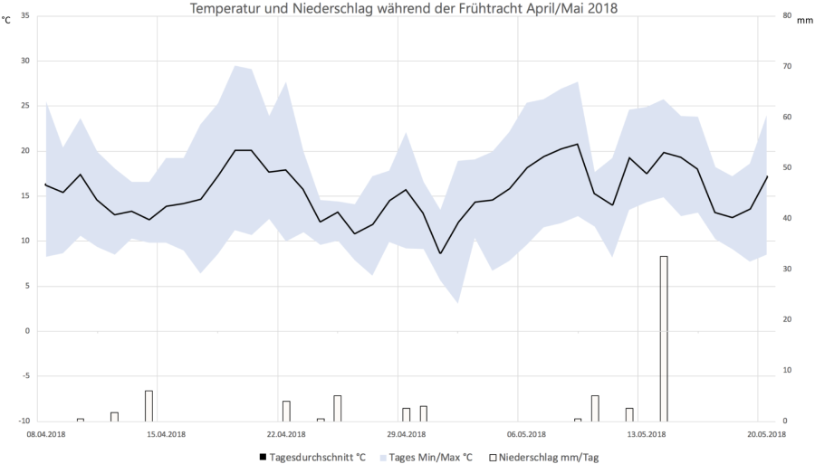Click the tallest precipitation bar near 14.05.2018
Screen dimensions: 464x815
tap(664, 338)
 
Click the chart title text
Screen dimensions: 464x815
tap(404, 8)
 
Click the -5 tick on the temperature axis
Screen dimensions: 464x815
tap(24, 376)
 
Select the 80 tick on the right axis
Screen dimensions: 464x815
tap(786, 16)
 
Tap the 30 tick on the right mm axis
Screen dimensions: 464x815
tap(786, 270)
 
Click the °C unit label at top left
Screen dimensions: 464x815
tap(6, 20)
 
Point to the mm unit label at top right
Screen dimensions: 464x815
tap(804, 20)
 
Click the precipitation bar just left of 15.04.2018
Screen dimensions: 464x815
tap(149, 405)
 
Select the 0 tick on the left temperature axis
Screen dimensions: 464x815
tap(26, 331)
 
